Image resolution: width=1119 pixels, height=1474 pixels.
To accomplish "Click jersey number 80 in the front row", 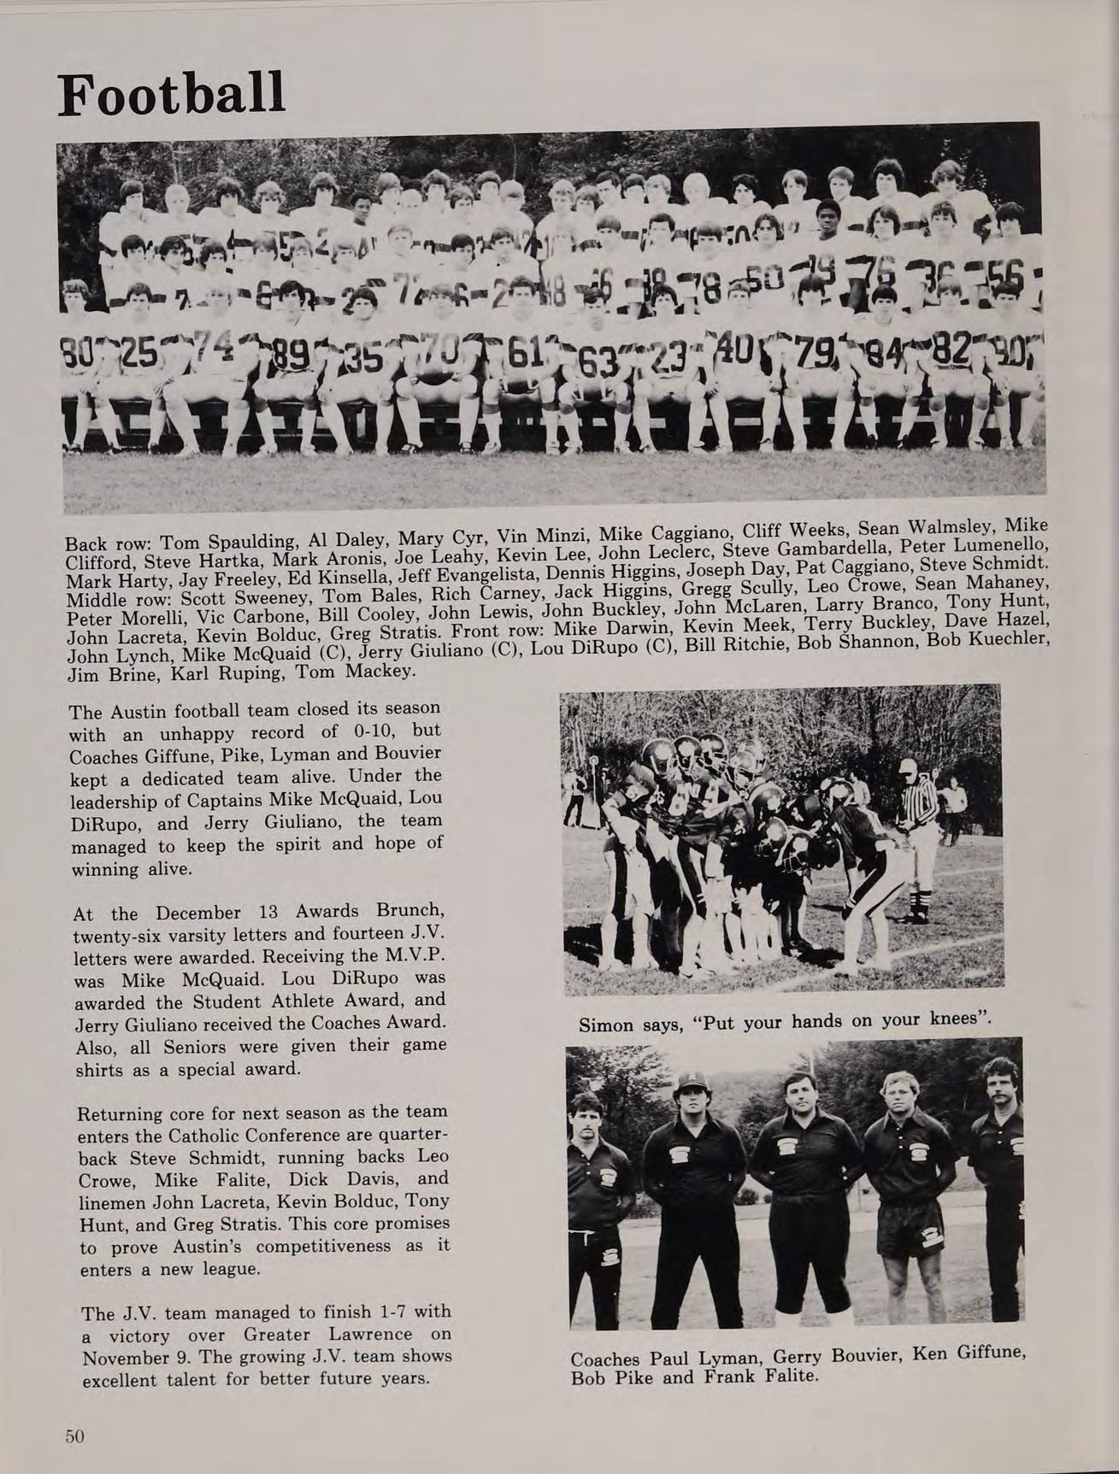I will coord(77,350).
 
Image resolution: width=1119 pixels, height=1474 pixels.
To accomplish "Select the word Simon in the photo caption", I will coord(606,1024).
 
